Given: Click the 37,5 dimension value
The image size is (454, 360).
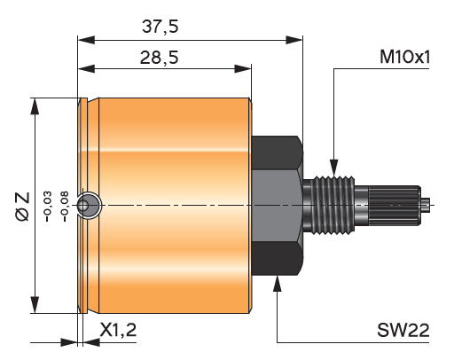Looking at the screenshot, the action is pyautogui.click(x=160, y=27).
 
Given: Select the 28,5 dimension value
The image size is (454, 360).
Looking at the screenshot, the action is pyautogui.click(x=160, y=58).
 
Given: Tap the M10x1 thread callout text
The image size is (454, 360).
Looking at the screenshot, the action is pyautogui.click(x=404, y=57).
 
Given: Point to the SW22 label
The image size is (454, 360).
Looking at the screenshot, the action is pyautogui.click(x=403, y=330).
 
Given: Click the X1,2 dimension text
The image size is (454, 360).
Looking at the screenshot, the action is pyautogui.click(x=118, y=330).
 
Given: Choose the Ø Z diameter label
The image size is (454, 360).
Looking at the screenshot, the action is pyautogui.click(x=23, y=207).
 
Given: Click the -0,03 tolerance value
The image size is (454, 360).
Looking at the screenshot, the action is pyautogui.click(x=48, y=207).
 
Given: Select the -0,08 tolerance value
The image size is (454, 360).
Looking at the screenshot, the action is pyautogui.click(x=65, y=207).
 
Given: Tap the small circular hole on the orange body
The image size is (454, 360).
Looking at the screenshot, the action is pyautogui.click(x=89, y=206).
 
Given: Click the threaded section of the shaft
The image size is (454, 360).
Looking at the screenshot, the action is pyautogui.click(x=334, y=206).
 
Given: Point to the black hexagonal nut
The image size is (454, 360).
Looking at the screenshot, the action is pyautogui.click(x=278, y=206).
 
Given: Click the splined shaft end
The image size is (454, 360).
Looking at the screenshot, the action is pyautogui.click(x=395, y=206).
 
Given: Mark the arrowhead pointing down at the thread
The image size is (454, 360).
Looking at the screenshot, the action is pyautogui.click(x=334, y=168).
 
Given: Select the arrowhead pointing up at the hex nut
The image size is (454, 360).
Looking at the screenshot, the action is pyautogui.click(x=277, y=284).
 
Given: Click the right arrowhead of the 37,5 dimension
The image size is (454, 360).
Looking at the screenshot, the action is pyautogui.click(x=294, y=40).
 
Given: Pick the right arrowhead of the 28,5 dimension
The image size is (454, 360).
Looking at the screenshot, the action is pyautogui.click(x=243, y=69).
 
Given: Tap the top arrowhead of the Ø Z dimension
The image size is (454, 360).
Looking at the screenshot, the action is pyautogui.click(x=35, y=106).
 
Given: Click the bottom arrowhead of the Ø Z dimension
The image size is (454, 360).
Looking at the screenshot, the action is pyautogui.click(x=35, y=304).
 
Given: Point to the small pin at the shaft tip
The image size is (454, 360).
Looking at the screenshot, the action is pyautogui.click(x=426, y=206).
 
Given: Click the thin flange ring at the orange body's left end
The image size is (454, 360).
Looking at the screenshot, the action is pyautogui.click(x=83, y=206).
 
